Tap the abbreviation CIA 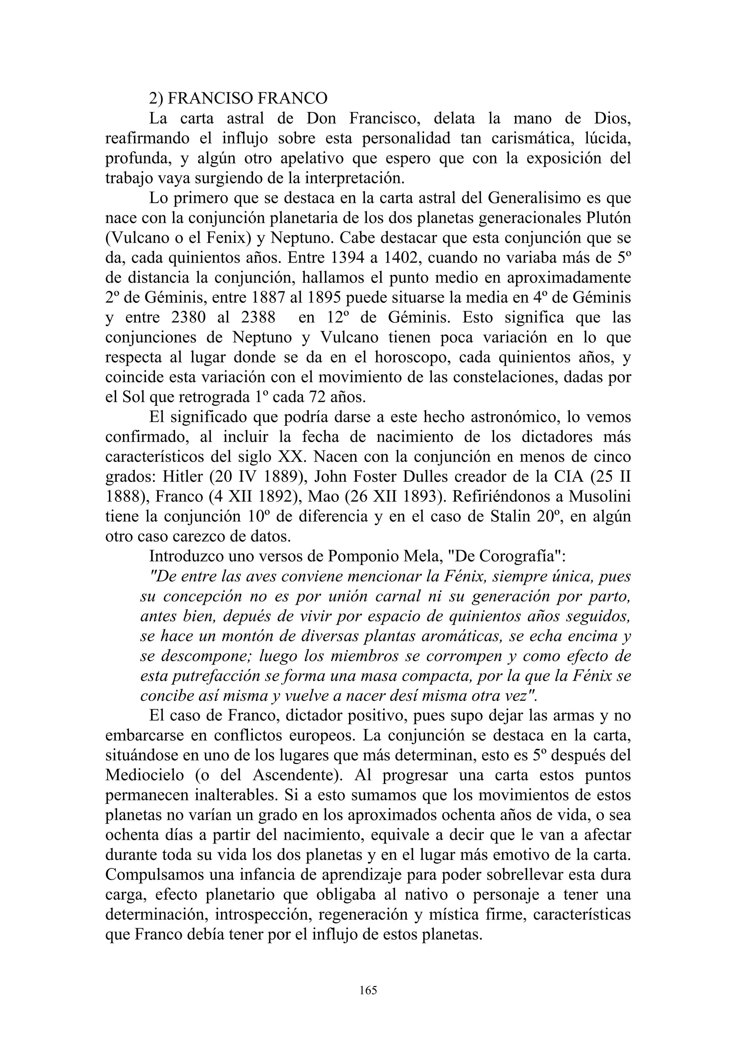(x=568, y=477)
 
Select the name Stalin (x=511, y=517)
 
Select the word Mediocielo (x=145, y=776)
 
